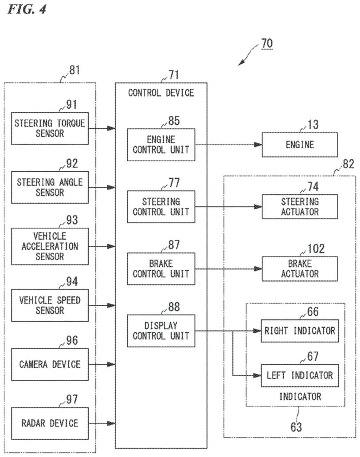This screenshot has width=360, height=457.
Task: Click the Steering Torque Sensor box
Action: pos(49,128)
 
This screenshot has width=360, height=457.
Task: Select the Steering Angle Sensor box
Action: pos(49,187)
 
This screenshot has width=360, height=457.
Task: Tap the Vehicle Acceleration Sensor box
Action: pos(49,246)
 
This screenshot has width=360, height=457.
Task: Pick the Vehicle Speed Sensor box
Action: pos(49,305)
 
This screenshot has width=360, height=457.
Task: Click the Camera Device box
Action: pos(49,364)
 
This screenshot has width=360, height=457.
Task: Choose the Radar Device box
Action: pos(49,423)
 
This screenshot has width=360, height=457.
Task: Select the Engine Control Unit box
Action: pos(160,145)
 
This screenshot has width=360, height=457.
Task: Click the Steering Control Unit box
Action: pos(160,207)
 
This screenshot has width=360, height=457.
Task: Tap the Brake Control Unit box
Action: pos(160,269)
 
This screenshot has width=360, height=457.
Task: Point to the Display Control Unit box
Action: pos(160,331)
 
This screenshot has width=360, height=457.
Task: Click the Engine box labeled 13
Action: pos(300,145)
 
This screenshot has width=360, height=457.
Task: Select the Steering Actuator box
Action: pos(300,207)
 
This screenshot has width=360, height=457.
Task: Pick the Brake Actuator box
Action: pos(300,269)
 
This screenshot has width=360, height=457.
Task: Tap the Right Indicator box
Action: pos(300,331)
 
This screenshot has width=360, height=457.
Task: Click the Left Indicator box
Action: pos(300,375)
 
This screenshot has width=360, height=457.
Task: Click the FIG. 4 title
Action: pos(26,9)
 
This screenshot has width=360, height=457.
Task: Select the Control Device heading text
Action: pos(161,93)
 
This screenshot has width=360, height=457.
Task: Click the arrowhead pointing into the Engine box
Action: pos(258,145)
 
